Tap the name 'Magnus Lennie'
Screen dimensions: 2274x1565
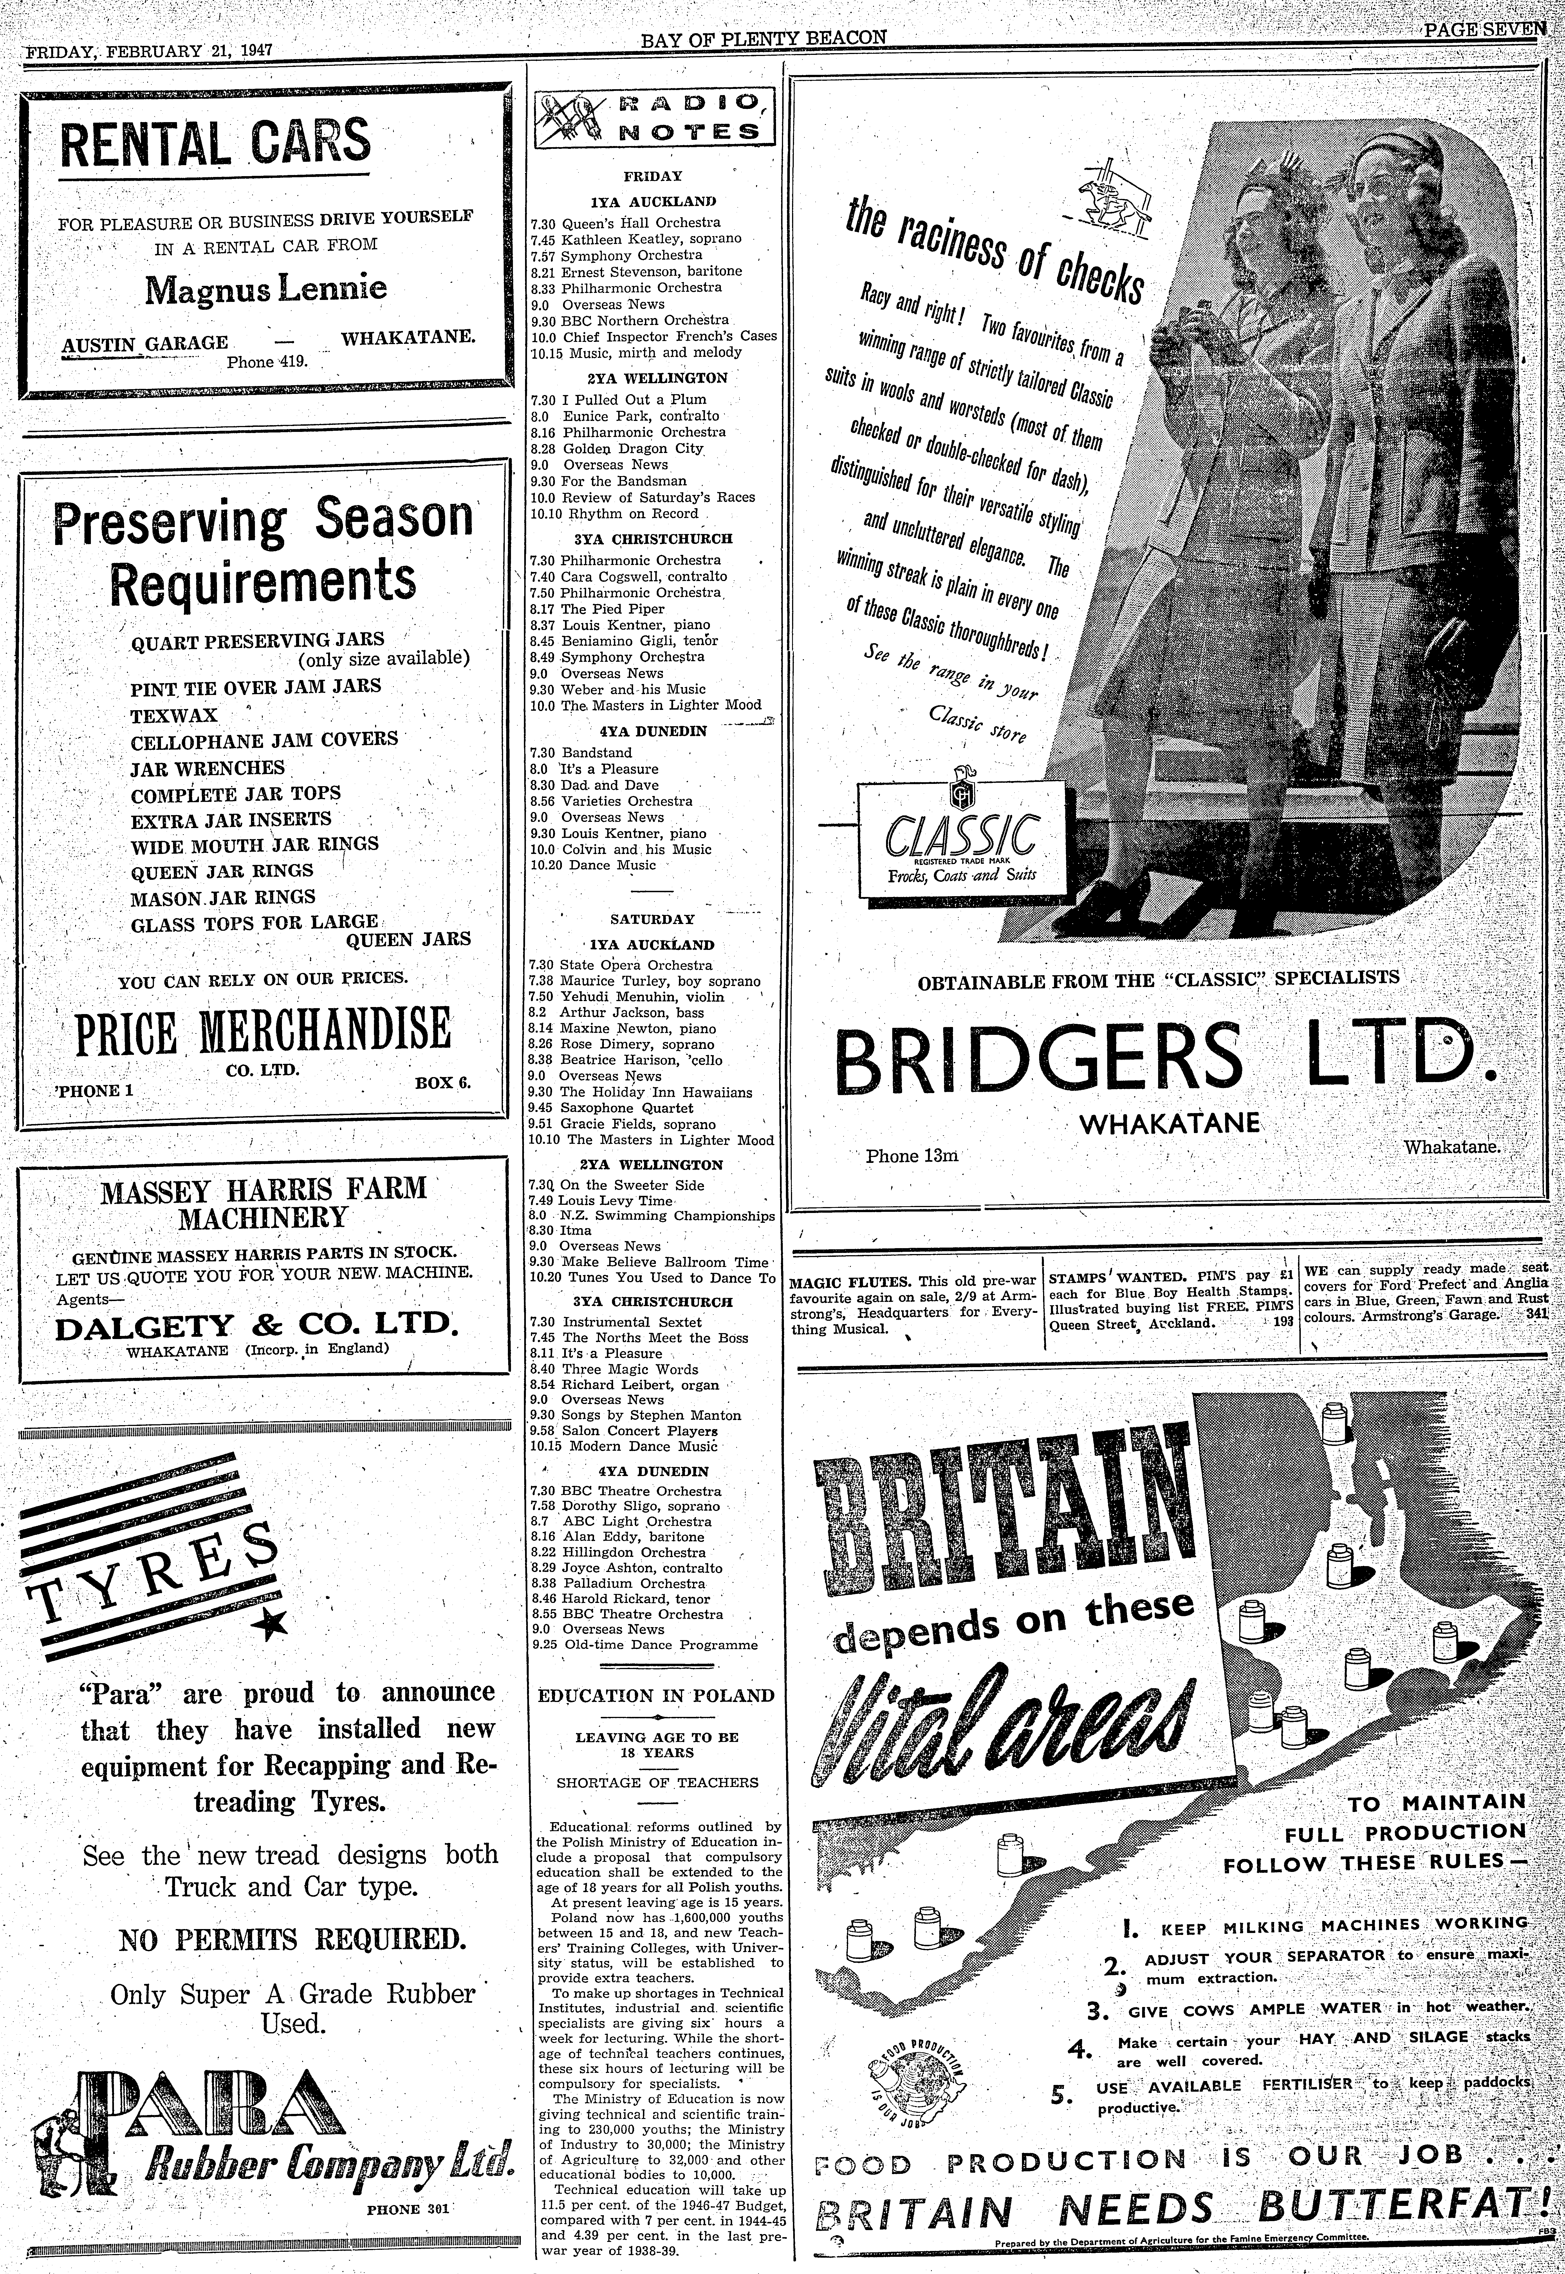tap(266, 288)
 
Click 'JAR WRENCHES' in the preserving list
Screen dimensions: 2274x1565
tap(208, 768)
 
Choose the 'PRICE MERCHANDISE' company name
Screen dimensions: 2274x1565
tap(263, 1031)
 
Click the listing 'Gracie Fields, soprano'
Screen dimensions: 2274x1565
tap(637, 1124)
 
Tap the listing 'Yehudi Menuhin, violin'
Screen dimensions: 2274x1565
tap(642, 996)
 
